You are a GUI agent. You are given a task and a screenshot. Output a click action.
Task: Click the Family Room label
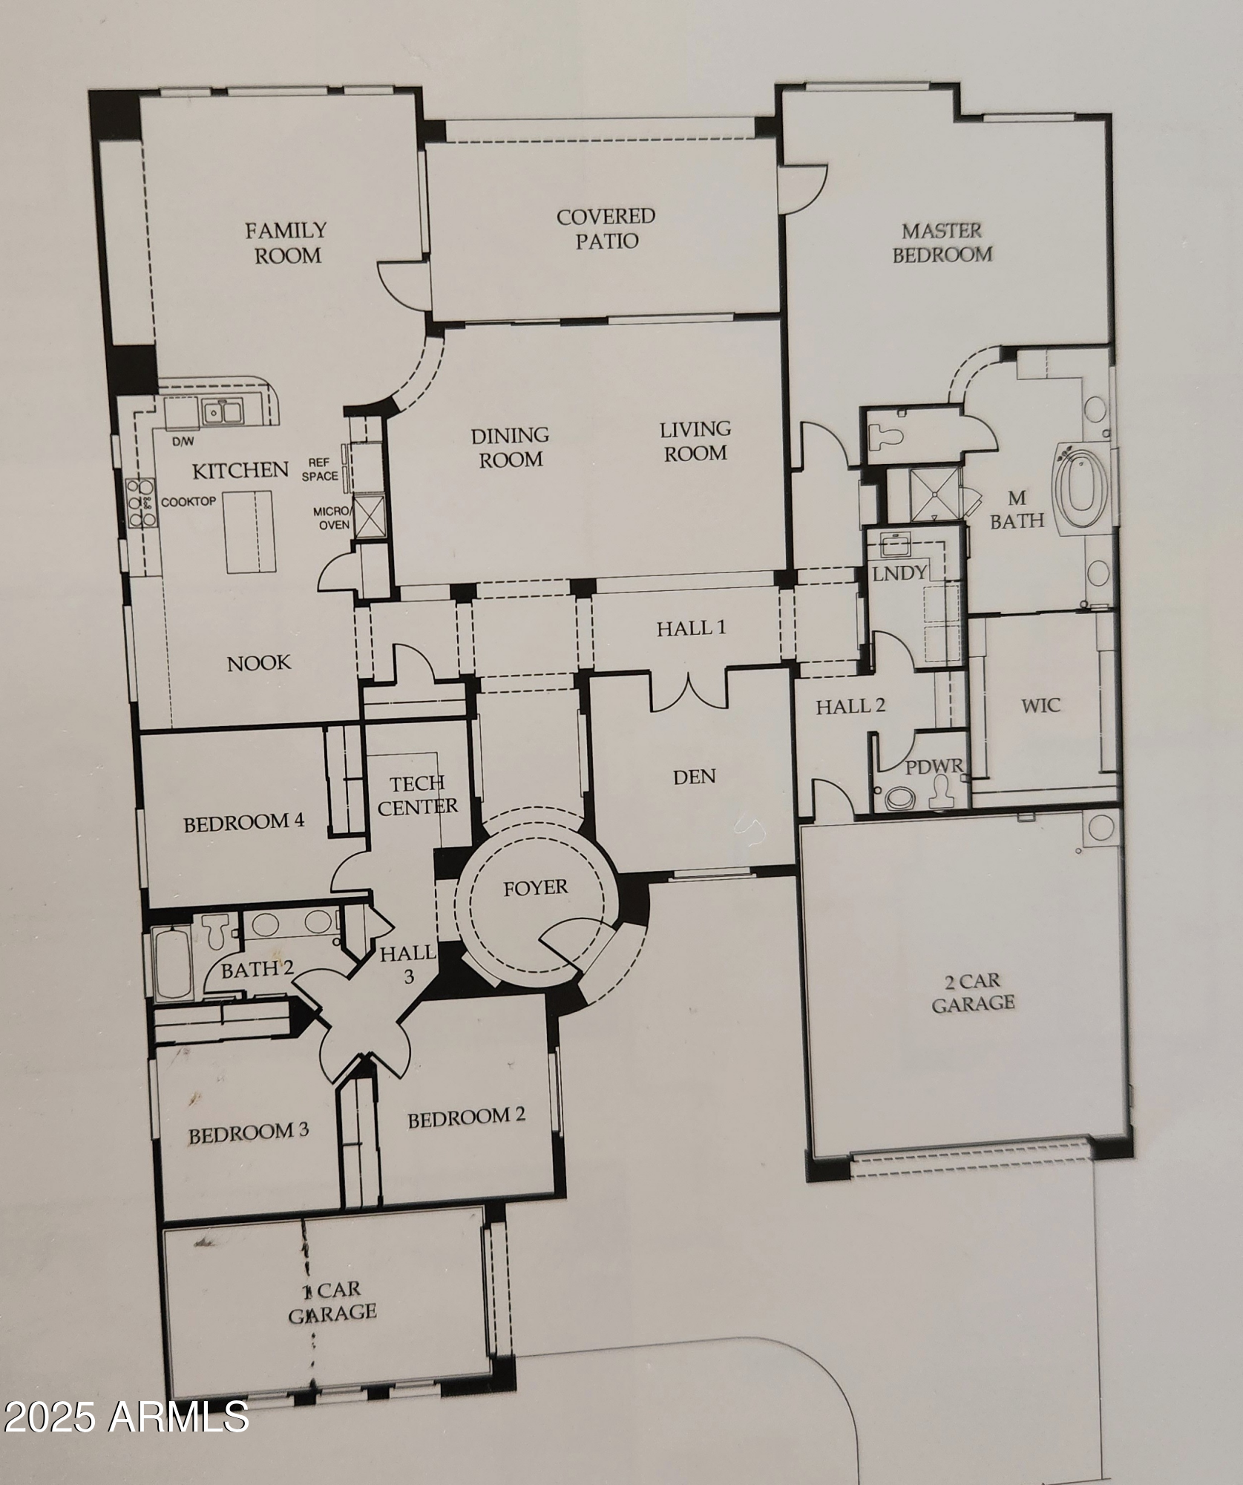[287, 243]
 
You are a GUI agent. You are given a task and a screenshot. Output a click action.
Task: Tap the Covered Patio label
[606, 229]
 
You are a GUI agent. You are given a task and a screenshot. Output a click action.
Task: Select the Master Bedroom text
[942, 243]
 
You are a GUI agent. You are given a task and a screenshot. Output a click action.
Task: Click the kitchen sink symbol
[222, 411]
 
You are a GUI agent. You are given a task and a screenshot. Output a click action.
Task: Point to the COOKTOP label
[188, 502]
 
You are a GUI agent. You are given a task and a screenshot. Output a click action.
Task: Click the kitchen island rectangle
[249, 531]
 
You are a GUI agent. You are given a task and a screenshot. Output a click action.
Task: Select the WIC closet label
[1040, 705]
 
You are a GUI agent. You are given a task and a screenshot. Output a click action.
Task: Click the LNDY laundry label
[899, 572]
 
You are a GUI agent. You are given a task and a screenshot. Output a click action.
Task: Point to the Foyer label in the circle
[535, 887]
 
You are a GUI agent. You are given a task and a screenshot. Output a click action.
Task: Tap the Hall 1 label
[690, 629]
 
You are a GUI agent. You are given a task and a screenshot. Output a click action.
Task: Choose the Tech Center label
[418, 794]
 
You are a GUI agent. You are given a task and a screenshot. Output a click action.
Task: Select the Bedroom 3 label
[248, 1134]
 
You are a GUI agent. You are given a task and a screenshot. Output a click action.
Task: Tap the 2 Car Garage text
[973, 992]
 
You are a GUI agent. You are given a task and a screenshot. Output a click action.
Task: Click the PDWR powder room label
[934, 766]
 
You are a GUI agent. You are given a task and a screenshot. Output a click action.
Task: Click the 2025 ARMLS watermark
[126, 1417]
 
